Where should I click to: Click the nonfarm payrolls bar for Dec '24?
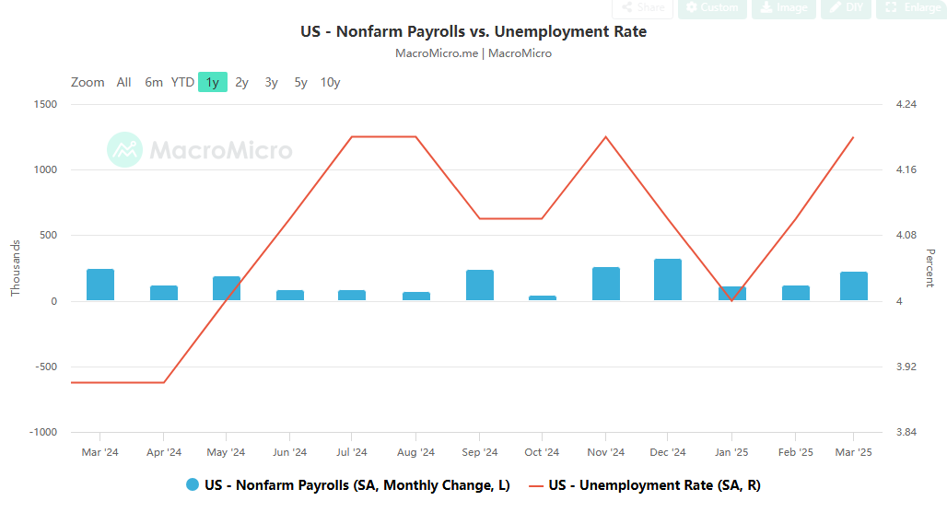pos(668,280)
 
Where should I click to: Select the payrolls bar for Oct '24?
pos(542,298)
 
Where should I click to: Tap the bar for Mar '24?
pos(100,285)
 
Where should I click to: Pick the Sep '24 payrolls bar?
pos(479,285)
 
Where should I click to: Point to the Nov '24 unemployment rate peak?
pos(605,137)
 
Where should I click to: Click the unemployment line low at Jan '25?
pos(731,300)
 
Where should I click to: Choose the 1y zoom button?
pos(213,82)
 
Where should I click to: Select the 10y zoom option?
pos(330,82)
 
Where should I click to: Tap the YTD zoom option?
pos(182,82)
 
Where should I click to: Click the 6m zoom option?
pos(153,82)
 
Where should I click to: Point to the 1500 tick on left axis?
pos(45,104)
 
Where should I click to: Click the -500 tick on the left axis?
pos(45,367)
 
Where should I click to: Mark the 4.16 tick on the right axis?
pos(906,169)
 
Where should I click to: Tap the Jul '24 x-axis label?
pos(352,452)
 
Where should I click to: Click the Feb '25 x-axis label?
pos(795,452)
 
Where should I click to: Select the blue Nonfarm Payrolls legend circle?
pos(193,485)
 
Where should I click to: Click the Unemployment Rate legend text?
pos(654,485)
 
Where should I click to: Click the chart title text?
pos(473,31)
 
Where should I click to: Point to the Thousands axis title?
pos(16,268)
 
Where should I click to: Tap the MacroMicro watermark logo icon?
pos(124,149)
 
